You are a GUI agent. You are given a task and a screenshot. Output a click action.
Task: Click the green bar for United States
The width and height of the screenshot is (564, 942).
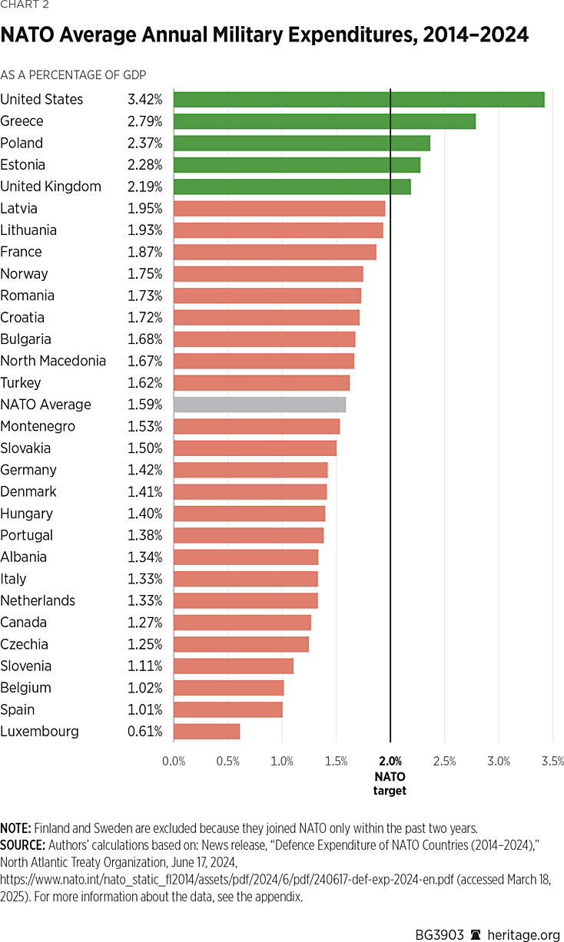pyautogui.click(x=359, y=100)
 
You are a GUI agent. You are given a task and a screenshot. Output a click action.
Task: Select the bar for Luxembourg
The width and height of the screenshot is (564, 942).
pyautogui.click(x=207, y=732)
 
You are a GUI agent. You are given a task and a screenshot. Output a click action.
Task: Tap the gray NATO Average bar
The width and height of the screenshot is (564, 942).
pyautogui.click(x=260, y=405)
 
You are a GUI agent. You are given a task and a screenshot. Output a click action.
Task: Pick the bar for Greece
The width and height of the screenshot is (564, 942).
pyautogui.click(x=324, y=121)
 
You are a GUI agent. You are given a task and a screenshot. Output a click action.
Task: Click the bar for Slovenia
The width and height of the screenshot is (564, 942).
pyautogui.click(x=234, y=666)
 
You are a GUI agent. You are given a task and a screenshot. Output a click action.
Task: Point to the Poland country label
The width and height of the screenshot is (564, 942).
pyautogui.click(x=22, y=144)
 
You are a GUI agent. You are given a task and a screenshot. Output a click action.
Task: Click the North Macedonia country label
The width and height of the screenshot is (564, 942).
pyautogui.click(x=53, y=361)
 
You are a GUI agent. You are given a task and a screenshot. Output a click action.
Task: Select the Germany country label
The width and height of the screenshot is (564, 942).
pyautogui.click(x=28, y=470)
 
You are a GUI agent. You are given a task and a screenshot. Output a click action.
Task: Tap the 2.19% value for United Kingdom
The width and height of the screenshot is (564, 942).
pyautogui.click(x=145, y=187)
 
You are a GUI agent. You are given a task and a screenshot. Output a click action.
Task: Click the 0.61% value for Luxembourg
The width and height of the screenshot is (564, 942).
pyautogui.click(x=145, y=732)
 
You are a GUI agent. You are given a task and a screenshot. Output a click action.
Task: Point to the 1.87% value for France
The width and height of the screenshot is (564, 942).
pyautogui.click(x=145, y=252)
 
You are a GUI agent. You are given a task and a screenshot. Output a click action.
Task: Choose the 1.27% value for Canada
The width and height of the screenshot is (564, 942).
pyautogui.click(x=145, y=623)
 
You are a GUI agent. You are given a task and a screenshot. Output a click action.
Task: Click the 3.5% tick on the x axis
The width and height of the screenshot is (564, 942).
pyautogui.click(x=552, y=762)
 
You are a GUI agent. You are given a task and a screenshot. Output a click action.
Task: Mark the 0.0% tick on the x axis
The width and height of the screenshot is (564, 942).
pyautogui.click(x=174, y=762)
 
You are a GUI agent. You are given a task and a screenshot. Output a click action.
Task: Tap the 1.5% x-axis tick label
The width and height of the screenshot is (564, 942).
pyautogui.click(x=337, y=762)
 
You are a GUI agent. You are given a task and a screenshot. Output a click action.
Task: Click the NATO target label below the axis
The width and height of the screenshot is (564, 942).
pyautogui.click(x=390, y=783)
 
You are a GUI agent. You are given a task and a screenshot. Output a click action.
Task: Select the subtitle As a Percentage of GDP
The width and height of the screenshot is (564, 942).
pyautogui.click(x=73, y=75)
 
